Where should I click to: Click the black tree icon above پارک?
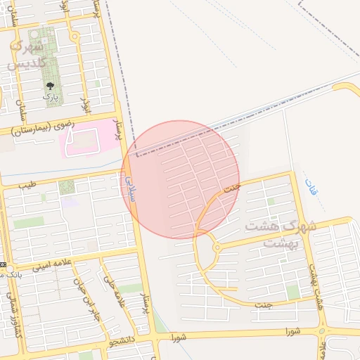point(49,84)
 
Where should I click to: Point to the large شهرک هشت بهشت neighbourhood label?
point(280,234)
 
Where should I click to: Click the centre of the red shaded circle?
point(180,179)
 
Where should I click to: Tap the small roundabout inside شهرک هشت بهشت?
point(217,247)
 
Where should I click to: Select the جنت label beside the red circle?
point(231,188)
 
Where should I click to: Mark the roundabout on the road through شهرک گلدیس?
point(75,37)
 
